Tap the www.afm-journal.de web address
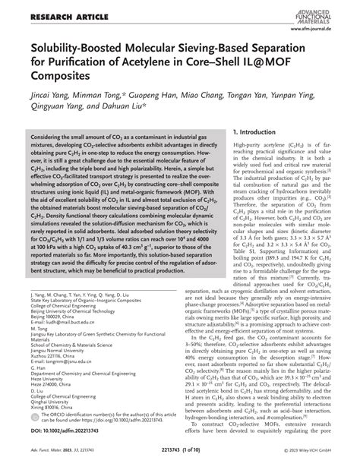click(324, 21)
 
